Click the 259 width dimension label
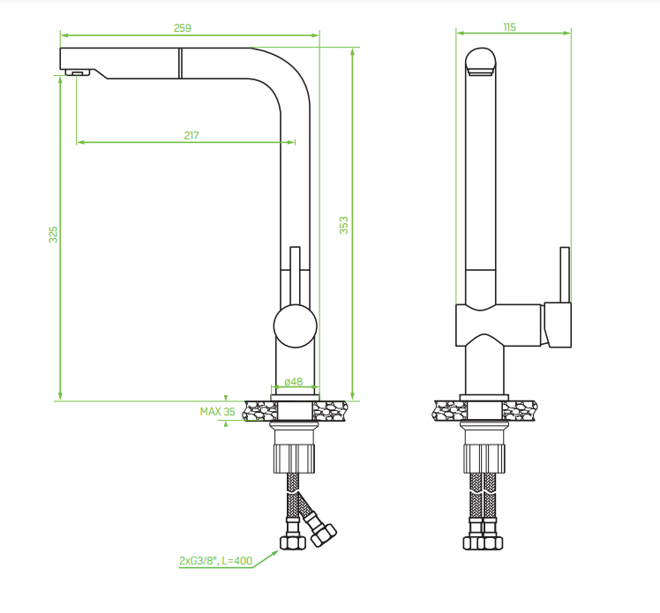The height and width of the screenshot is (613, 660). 183,27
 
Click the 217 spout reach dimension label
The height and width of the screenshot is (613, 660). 191,136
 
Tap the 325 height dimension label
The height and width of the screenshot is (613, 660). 53,235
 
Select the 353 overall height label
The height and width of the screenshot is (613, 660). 344,225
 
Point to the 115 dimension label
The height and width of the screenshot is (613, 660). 509,27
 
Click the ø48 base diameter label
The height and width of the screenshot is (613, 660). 293,382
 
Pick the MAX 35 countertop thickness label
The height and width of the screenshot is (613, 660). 217,412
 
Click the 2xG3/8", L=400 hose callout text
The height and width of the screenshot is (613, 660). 215,560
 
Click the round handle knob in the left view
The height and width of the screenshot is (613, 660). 295,326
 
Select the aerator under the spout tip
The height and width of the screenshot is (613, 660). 78,72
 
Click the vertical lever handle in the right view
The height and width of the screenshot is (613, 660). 565,274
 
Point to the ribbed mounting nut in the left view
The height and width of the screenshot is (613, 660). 294,458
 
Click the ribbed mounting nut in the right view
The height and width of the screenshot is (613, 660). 484,458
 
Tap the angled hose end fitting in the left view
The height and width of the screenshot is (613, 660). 323,535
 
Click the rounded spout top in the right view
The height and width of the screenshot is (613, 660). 481,62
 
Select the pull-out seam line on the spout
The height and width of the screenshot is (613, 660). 180,64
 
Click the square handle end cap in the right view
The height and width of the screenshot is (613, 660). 558,325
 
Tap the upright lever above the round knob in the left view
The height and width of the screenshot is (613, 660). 295,275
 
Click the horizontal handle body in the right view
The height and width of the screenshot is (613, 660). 499,325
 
